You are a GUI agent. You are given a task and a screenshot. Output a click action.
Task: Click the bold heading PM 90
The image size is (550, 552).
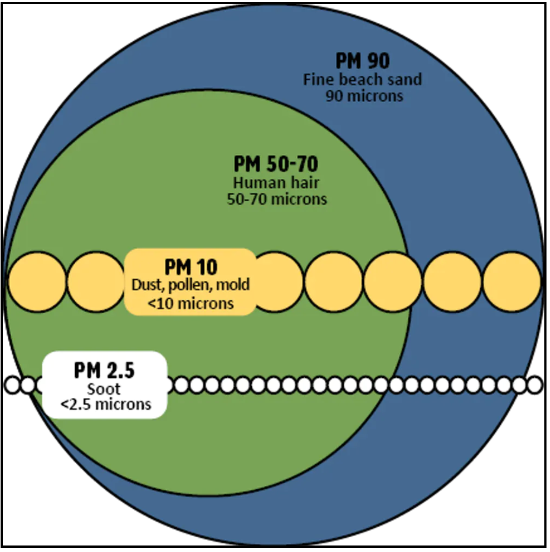(362, 61)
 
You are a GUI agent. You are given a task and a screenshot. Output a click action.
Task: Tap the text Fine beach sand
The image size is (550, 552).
(362, 79)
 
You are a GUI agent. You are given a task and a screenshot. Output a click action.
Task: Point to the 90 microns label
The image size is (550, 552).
(364, 96)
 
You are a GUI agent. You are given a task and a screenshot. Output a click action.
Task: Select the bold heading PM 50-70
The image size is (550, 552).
(276, 164)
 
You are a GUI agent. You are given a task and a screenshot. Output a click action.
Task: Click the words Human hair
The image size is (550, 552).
(276, 183)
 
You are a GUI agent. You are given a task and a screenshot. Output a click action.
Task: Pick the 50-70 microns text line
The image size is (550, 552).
(277, 199)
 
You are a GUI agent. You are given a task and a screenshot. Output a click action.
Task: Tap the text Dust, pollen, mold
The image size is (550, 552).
(191, 285)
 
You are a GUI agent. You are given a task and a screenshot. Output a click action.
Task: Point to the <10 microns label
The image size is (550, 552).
(190, 303)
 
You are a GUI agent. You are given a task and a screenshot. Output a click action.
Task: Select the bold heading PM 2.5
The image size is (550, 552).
(105, 370)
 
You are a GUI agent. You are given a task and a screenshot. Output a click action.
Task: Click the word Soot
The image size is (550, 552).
(104, 389)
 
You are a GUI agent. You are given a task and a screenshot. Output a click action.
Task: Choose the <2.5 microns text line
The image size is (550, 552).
(106, 405)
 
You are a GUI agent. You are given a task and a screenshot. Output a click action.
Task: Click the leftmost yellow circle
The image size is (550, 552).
(37, 282)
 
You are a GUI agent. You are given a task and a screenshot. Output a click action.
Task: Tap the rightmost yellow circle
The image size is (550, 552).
(512, 282)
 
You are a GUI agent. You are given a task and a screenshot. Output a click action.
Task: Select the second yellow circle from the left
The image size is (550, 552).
(96, 282)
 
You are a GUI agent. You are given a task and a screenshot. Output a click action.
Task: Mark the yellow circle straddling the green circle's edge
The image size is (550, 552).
(393, 282)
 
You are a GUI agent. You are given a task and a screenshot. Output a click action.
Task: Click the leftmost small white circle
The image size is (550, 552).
(13, 385)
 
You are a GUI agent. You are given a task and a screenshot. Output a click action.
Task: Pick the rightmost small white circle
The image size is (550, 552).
(535, 385)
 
